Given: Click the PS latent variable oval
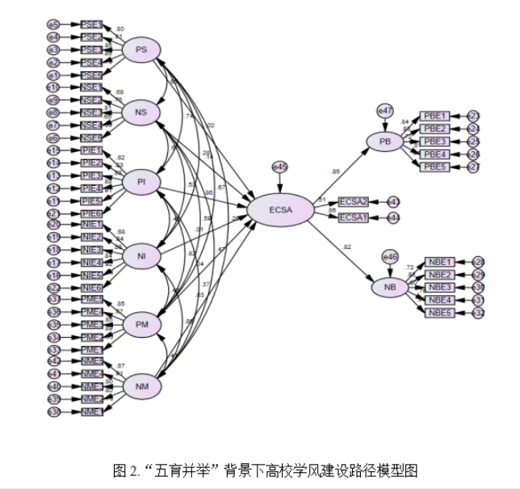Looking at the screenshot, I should [141, 50].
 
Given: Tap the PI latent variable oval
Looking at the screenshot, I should [141, 183].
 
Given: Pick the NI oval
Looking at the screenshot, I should [141, 256].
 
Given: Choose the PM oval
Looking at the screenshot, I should [141, 325].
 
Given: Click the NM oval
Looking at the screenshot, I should [141, 387].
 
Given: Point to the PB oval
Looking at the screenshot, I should [385, 141].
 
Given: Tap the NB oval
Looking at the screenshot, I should [390, 287].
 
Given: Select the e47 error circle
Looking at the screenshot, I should [385, 110].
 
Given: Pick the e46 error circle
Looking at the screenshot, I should [389, 257].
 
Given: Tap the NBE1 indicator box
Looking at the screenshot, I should [439, 262].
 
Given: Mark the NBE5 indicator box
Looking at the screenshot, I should [439, 313].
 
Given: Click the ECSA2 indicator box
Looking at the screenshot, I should [353, 201].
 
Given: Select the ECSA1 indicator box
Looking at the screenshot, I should [353, 218].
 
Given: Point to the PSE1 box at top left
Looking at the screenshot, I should [91, 24].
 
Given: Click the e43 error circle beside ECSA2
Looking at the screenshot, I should [393, 201].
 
